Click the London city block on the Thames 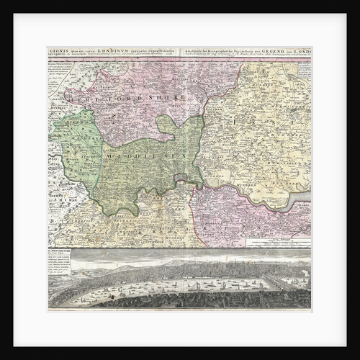point(181,179)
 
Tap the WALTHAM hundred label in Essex point(238,115)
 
